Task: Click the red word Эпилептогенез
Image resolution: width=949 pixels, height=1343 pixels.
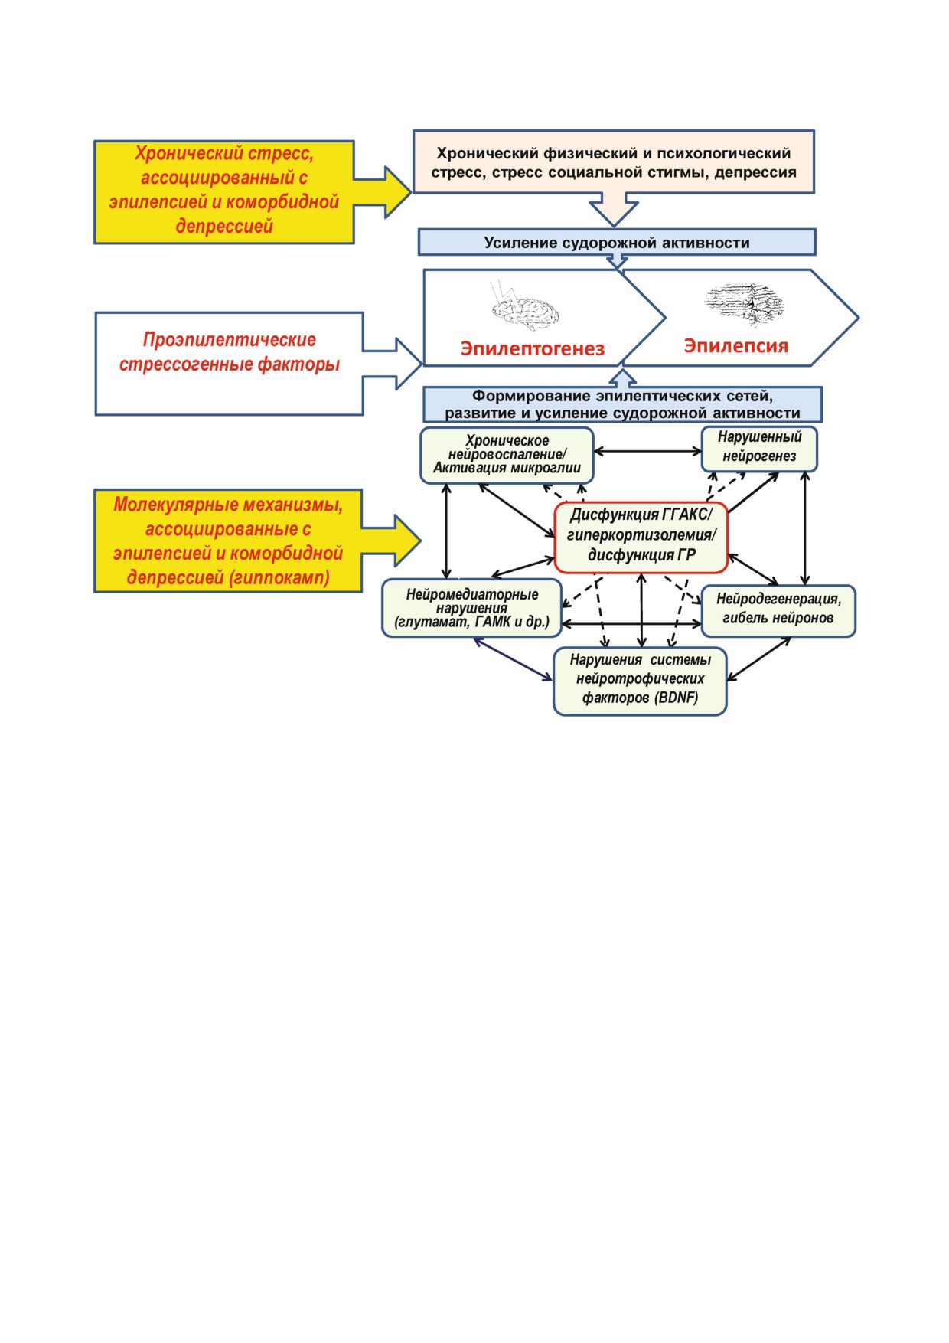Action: [533, 349]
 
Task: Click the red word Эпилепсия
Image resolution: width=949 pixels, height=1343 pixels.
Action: [735, 346]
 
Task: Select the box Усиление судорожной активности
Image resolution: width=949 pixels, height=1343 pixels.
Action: [617, 242]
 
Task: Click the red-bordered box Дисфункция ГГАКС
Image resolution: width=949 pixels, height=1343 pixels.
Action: [641, 538]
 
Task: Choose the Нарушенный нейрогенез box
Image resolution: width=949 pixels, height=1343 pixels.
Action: [759, 449]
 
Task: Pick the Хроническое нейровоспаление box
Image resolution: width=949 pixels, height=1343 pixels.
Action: [507, 456]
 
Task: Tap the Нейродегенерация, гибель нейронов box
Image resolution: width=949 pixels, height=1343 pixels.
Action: [778, 611]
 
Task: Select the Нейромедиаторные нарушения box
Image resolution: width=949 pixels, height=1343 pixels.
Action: [472, 608]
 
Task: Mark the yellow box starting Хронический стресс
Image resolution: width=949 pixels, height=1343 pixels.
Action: [224, 192]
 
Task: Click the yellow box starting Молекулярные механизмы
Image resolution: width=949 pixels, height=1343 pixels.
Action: [228, 541]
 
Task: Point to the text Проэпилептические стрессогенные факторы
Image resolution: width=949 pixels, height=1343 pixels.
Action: [230, 352]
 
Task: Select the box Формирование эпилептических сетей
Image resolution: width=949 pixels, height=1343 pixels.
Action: [623, 404]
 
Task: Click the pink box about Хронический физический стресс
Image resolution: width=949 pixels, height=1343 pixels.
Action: [614, 162]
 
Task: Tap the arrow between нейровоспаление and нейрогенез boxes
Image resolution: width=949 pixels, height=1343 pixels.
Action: [647, 451]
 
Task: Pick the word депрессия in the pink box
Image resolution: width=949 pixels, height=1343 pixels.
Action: [755, 173]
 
